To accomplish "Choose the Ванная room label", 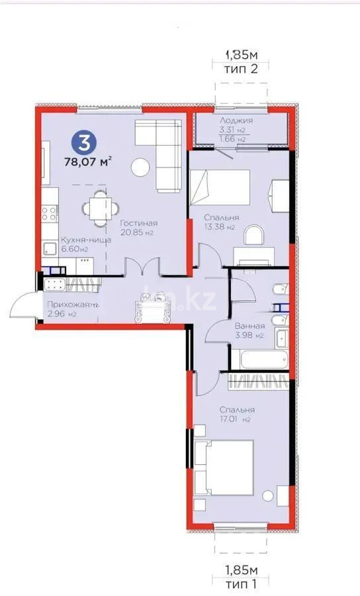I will coord(249,326).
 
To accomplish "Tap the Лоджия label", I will coord(236,121).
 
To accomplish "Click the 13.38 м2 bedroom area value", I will coord(222,227).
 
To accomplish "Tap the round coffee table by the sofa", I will coord(140,168).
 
